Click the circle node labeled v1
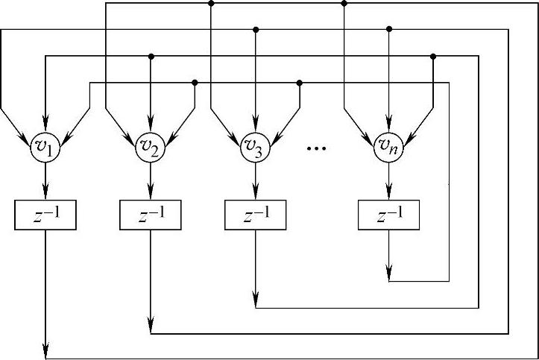tap(46, 146)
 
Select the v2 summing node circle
tap(151, 146)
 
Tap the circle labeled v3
tap(255, 146)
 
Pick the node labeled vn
tap(388, 146)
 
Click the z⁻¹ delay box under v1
tap(46, 215)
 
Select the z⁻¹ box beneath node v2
tap(151, 215)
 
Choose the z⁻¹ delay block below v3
tap(255, 215)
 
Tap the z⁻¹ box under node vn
tap(388, 215)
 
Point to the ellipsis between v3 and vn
tap(317, 149)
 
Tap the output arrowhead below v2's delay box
tap(151, 326)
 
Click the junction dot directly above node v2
tap(151, 56)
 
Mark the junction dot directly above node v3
tap(255, 29)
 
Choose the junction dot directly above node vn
tap(388, 29)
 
